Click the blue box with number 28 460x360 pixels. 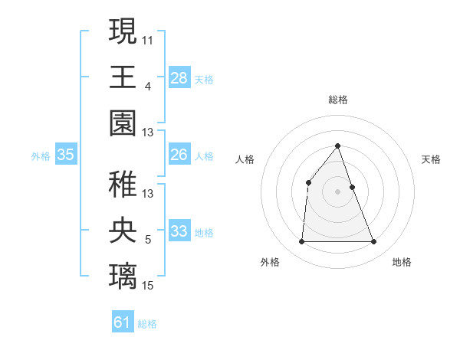point(179,78)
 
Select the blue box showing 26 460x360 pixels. point(179,155)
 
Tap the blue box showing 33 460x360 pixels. point(179,231)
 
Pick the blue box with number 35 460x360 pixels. point(66,155)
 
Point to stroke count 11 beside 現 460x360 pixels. point(148,40)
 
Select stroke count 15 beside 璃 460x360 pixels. point(148,285)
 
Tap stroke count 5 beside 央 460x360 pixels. point(148,240)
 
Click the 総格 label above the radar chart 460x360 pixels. point(337,100)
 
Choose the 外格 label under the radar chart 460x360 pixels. point(270,262)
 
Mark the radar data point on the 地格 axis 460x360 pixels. point(374,242)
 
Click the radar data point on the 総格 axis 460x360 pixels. point(337,146)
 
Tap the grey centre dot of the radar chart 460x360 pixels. point(337,191)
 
